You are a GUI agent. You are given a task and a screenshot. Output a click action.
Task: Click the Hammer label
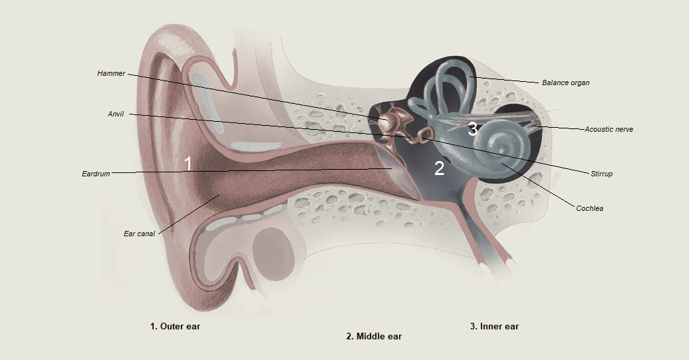110,74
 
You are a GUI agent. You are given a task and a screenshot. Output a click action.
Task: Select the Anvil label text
116,114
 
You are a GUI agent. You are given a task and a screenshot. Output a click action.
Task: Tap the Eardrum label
96,174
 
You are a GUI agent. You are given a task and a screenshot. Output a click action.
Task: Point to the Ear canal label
139,234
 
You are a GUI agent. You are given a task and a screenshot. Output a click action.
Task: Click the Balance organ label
565,83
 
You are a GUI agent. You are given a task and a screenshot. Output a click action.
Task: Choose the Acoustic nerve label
609,129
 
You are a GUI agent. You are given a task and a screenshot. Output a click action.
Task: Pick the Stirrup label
601,174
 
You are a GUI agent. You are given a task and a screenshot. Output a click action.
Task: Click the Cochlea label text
589,208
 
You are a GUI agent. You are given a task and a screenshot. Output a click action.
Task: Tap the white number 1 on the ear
188,164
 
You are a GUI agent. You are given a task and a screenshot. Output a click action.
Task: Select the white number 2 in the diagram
439,169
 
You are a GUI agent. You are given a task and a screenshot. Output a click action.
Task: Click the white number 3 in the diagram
472,129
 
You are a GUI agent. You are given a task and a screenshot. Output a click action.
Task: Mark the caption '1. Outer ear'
175,327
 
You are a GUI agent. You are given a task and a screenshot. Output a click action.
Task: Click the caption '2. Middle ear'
374,337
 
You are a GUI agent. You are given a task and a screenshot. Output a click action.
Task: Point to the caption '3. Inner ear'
494,327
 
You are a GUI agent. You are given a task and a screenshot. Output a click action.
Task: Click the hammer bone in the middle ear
386,122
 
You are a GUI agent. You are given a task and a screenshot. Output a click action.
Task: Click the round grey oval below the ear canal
271,247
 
